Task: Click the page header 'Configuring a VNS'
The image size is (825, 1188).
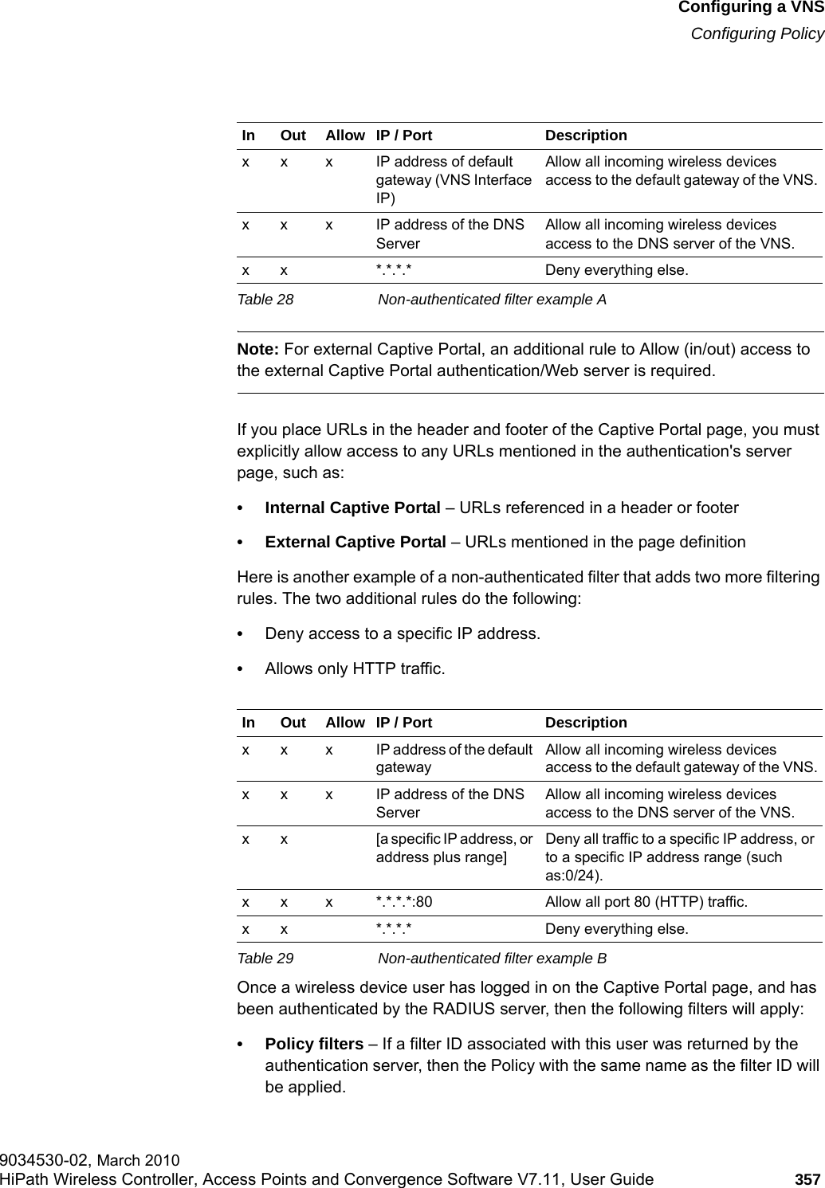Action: tap(750, 9)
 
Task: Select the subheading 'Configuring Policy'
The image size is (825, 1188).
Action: tap(756, 33)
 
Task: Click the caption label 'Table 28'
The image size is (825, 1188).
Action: tap(268, 300)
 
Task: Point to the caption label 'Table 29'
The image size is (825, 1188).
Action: tap(268, 958)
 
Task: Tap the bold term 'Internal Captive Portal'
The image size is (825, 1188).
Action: tap(352, 508)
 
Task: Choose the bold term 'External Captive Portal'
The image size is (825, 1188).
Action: tap(355, 543)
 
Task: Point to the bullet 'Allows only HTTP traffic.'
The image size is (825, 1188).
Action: tap(355, 668)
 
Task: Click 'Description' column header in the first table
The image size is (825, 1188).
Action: tap(586, 135)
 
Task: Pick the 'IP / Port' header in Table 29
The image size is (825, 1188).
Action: tap(404, 723)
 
